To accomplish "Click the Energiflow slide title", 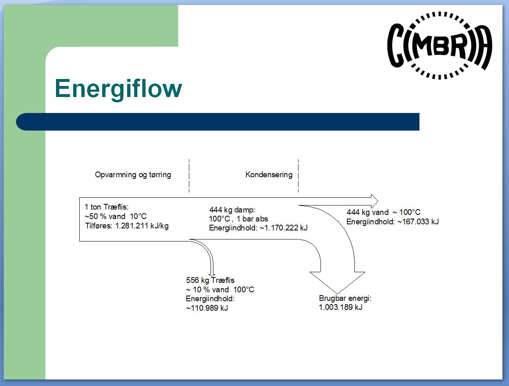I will (118, 88).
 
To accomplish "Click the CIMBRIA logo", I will (439, 45).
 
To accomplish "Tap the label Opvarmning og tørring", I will (133, 175).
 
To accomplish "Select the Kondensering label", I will (269, 175).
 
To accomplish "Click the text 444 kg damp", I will (232, 210).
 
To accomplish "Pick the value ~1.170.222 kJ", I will (283, 228).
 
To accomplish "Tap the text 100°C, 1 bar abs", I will (238, 219).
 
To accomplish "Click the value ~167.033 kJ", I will (418, 222).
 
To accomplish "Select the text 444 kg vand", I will (367, 212).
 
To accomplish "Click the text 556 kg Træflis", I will (210, 280).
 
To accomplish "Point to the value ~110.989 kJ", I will (206, 308).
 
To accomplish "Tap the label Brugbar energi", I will (345, 298).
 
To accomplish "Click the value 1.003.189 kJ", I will (341, 307).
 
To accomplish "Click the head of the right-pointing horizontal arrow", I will (374, 201).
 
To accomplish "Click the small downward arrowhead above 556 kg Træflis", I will (212, 274).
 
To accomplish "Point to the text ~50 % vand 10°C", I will (115, 217).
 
